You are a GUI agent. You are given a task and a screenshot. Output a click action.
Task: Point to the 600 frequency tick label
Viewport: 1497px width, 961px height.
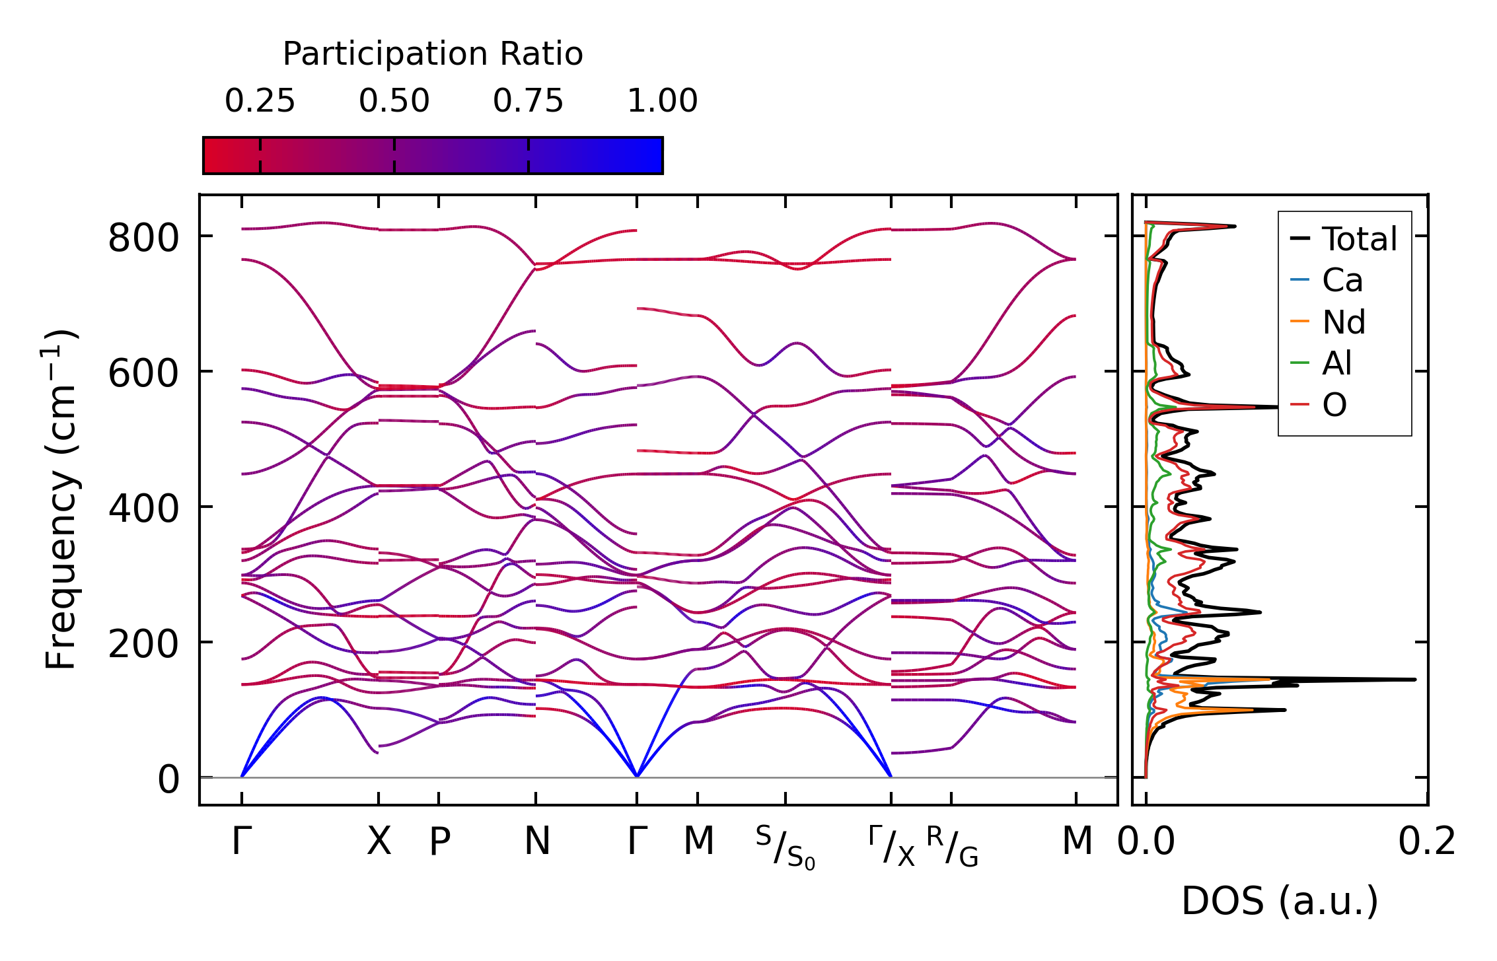click(x=143, y=374)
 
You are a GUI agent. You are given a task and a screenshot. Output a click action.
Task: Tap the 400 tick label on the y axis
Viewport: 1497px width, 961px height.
click(x=143, y=509)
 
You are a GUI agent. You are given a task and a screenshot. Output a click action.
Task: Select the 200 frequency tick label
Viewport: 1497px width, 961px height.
click(x=143, y=645)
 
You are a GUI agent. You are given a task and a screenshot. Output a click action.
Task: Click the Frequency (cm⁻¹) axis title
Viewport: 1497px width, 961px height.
click(x=61, y=499)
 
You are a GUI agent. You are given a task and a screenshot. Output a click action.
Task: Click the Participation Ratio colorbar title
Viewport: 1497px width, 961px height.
click(x=433, y=54)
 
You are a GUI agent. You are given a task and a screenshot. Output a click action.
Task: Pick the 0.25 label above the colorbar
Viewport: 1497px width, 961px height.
click(x=260, y=101)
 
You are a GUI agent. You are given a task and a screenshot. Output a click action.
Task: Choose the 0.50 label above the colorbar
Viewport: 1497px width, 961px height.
click(x=394, y=101)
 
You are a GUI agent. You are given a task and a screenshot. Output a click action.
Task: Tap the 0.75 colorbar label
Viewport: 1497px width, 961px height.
click(x=528, y=101)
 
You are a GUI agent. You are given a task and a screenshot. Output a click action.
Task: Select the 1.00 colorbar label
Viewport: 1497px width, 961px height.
click(x=662, y=101)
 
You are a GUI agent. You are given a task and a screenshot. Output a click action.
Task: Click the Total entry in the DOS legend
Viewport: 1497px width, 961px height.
click(x=1359, y=238)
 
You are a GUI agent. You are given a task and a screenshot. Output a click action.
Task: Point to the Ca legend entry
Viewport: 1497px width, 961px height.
click(x=1342, y=280)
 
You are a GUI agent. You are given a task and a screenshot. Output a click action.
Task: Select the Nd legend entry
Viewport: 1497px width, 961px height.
click(x=1343, y=322)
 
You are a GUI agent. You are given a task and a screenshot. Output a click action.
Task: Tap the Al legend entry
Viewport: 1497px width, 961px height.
click(x=1336, y=363)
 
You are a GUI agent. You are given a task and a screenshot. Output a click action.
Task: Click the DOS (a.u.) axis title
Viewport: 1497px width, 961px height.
click(x=1280, y=901)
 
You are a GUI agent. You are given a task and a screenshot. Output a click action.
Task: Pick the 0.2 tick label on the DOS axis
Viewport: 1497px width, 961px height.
click(x=1426, y=842)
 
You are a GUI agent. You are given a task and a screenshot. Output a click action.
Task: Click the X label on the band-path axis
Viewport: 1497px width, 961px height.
click(x=379, y=841)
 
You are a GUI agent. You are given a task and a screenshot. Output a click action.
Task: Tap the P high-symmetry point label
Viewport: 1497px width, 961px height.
click(x=439, y=841)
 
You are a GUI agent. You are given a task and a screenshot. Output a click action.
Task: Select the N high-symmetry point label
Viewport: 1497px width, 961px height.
click(x=536, y=841)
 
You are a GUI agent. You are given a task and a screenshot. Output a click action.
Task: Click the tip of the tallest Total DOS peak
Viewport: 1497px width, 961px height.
click(x=1415, y=679)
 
